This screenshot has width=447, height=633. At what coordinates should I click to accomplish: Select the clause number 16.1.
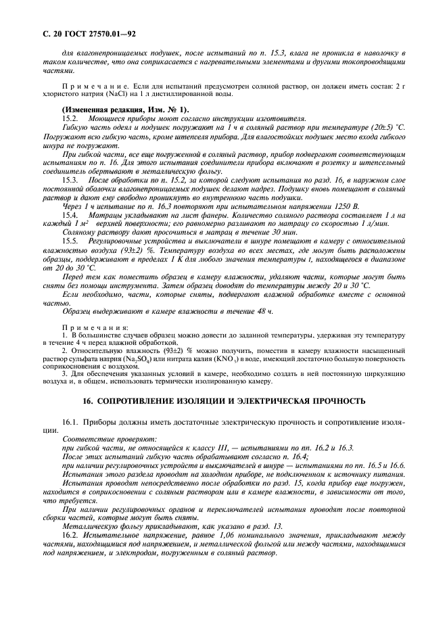(72, 422)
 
